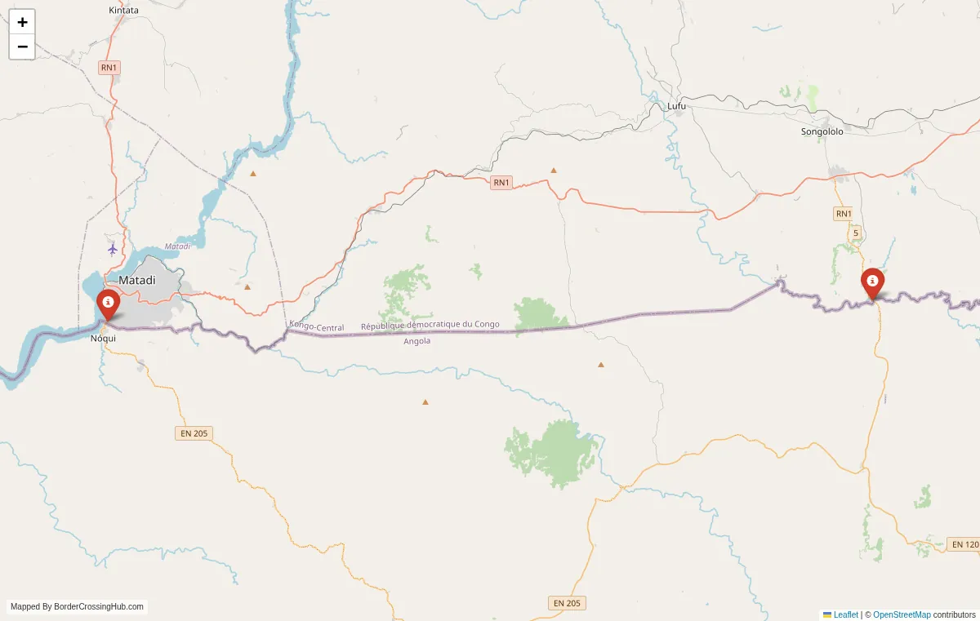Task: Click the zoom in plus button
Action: pyautogui.click(x=22, y=22)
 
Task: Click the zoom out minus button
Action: pyautogui.click(x=22, y=47)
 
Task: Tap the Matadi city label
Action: pyautogui.click(x=136, y=280)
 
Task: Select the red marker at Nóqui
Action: pyautogui.click(x=108, y=304)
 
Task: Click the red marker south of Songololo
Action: pyautogui.click(x=873, y=283)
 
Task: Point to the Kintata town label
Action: pyautogui.click(x=123, y=10)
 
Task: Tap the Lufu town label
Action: pyautogui.click(x=677, y=106)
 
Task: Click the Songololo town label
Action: pyautogui.click(x=822, y=131)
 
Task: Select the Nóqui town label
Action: pyautogui.click(x=103, y=338)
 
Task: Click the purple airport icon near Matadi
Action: pyautogui.click(x=113, y=248)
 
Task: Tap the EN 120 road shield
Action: pyautogui.click(x=965, y=543)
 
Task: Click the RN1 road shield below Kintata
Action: pyautogui.click(x=109, y=68)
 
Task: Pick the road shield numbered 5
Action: pyautogui.click(x=856, y=233)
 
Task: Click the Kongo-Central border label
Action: pyautogui.click(x=316, y=327)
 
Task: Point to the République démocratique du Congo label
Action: pyautogui.click(x=430, y=325)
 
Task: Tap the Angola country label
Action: pyautogui.click(x=416, y=341)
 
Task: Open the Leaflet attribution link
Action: pyautogui.click(x=845, y=614)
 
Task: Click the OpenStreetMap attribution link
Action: pyautogui.click(x=902, y=614)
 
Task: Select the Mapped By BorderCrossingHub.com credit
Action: pyautogui.click(x=78, y=606)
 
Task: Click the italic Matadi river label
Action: pyautogui.click(x=177, y=246)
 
